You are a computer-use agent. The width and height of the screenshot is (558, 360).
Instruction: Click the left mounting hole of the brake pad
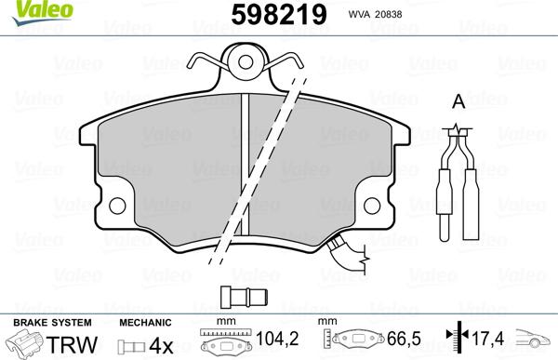click(x=118, y=206)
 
